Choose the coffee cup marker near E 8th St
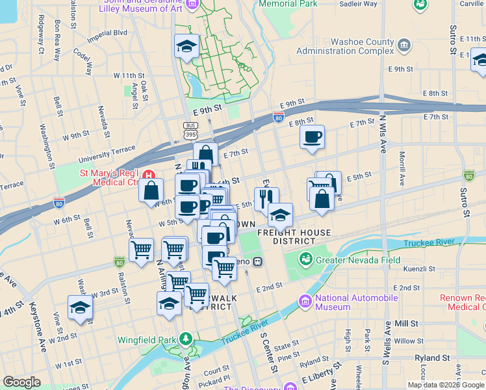coord(313,137)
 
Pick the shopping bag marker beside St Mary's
coord(151,190)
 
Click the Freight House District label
coord(294,237)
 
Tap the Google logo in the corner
coord(21,382)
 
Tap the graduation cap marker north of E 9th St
coord(186,46)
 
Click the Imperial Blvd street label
coord(111,32)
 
